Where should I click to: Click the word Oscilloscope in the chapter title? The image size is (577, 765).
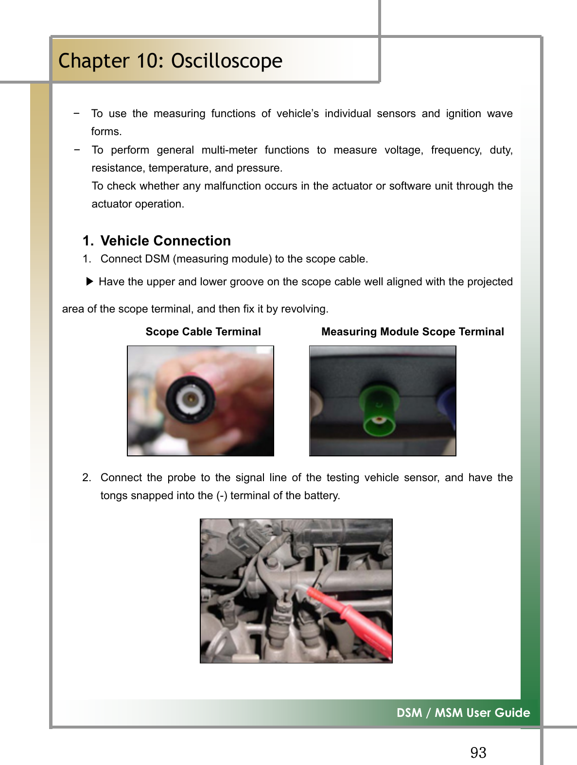pos(227,61)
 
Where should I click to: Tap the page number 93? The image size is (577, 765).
pos(478,752)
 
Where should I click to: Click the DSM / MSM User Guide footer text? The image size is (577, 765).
pos(463,713)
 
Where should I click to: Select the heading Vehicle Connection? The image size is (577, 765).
pos(165,241)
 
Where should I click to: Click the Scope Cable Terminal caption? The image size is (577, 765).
pos(203,331)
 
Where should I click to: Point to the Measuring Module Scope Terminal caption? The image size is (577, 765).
pos(412,331)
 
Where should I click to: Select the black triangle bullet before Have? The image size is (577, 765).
pos(89,281)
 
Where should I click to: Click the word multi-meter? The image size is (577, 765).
pos(229,150)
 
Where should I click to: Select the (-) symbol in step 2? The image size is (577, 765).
pos(222,495)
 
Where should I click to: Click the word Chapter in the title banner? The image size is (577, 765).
pos(93,61)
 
